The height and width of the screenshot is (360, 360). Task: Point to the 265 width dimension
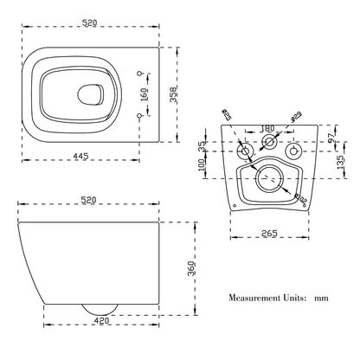tap(268, 232)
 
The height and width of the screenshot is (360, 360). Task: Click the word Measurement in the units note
tap(256, 298)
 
